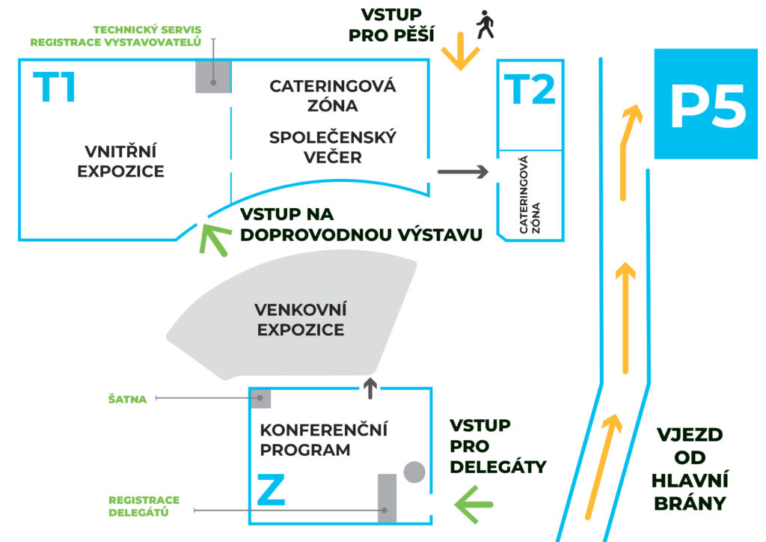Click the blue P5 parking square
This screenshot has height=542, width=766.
[706, 103]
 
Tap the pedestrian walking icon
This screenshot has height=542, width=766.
[485, 25]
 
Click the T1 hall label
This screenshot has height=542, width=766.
[54, 87]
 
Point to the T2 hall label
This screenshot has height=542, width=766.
[530, 89]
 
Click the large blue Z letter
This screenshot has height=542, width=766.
[271, 490]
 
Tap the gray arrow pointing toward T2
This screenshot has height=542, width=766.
[462, 171]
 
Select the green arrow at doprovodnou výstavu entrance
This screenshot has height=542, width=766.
[213, 239]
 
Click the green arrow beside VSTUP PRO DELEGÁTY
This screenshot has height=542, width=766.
[474, 505]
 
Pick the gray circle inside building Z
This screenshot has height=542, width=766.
[414, 472]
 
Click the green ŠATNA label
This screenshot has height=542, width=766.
[127, 399]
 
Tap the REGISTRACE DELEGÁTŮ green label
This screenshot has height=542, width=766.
[144, 506]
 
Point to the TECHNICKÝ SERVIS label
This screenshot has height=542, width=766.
[147, 30]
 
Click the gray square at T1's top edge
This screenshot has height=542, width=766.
[213, 76]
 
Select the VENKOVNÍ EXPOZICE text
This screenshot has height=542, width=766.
[301, 320]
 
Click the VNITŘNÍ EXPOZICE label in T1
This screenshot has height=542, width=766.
[120, 161]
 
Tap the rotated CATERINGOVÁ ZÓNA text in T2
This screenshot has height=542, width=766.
[530, 195]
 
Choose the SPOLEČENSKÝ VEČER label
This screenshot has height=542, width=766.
[333, 147]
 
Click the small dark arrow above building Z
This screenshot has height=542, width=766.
[370, 388]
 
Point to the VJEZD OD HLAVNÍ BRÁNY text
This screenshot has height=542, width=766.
[689, 469]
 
